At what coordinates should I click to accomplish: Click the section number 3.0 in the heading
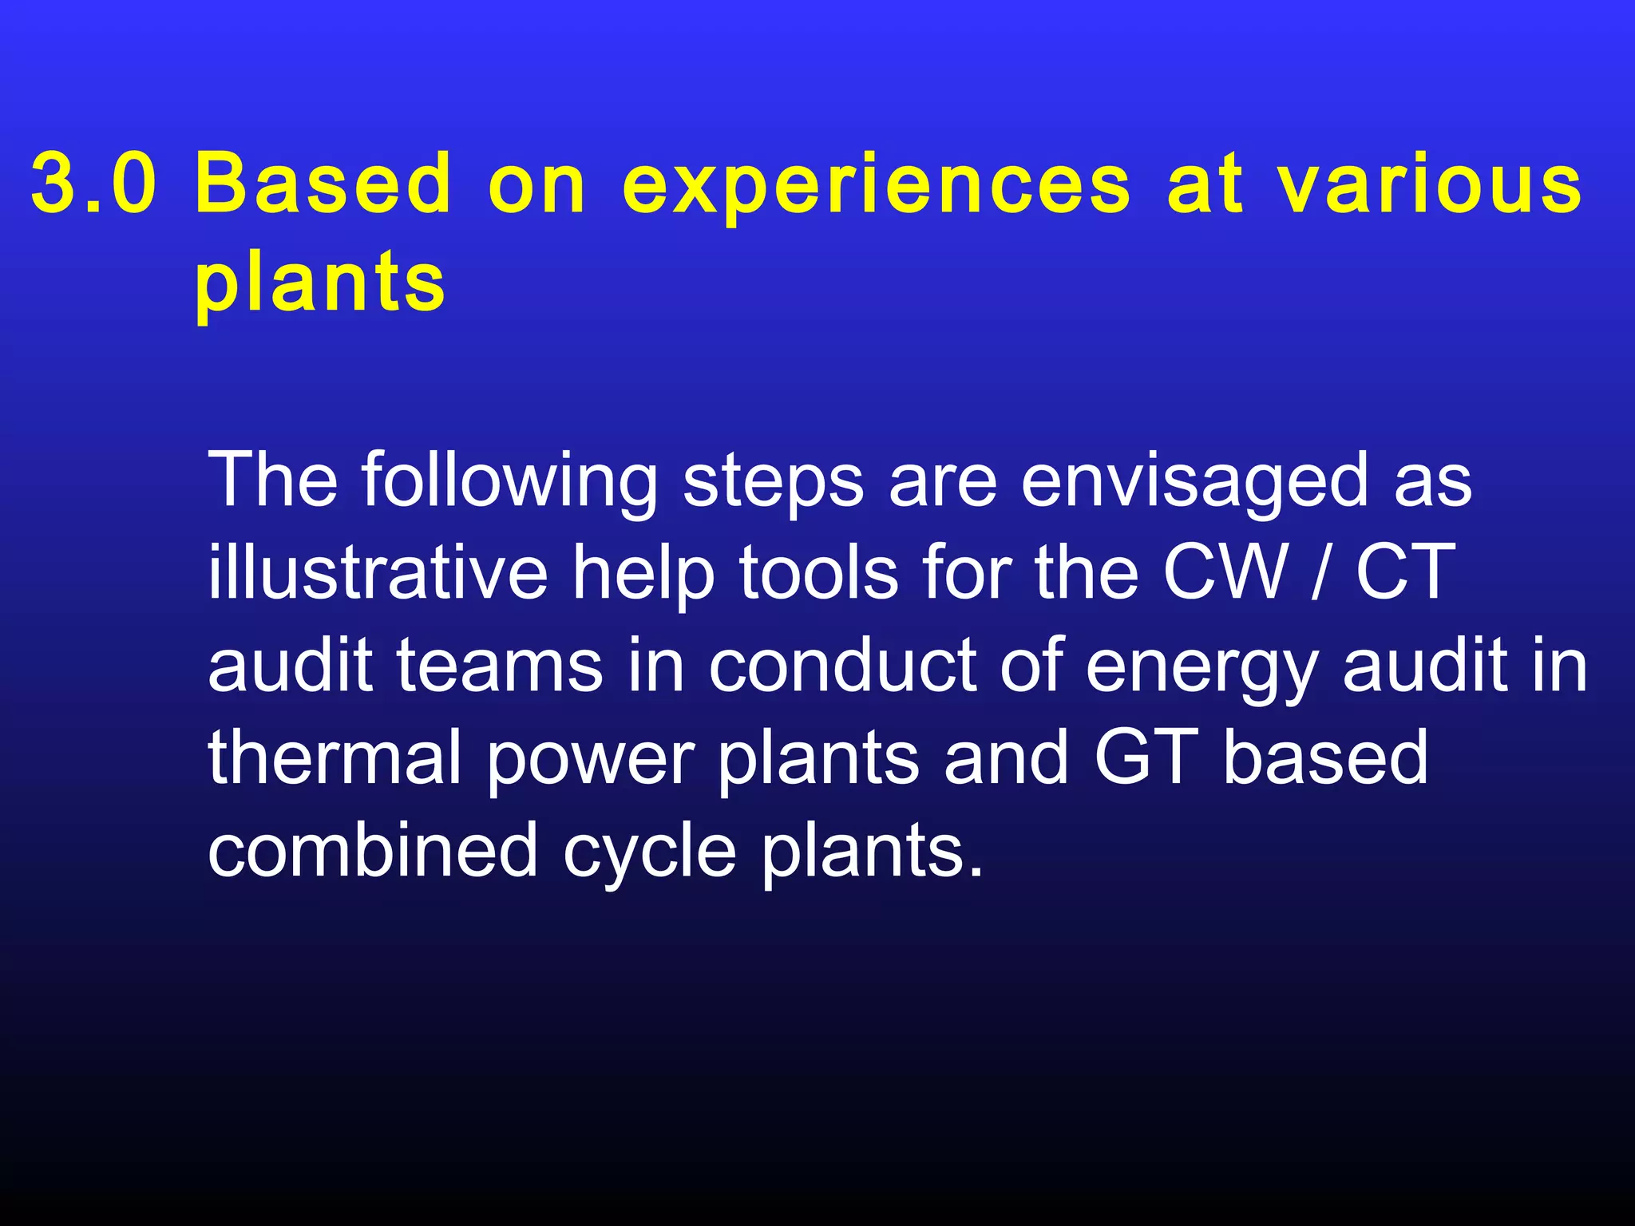[93, 184]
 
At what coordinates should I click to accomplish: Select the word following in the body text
[509, 482]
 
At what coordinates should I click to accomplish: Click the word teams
[500, 666]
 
